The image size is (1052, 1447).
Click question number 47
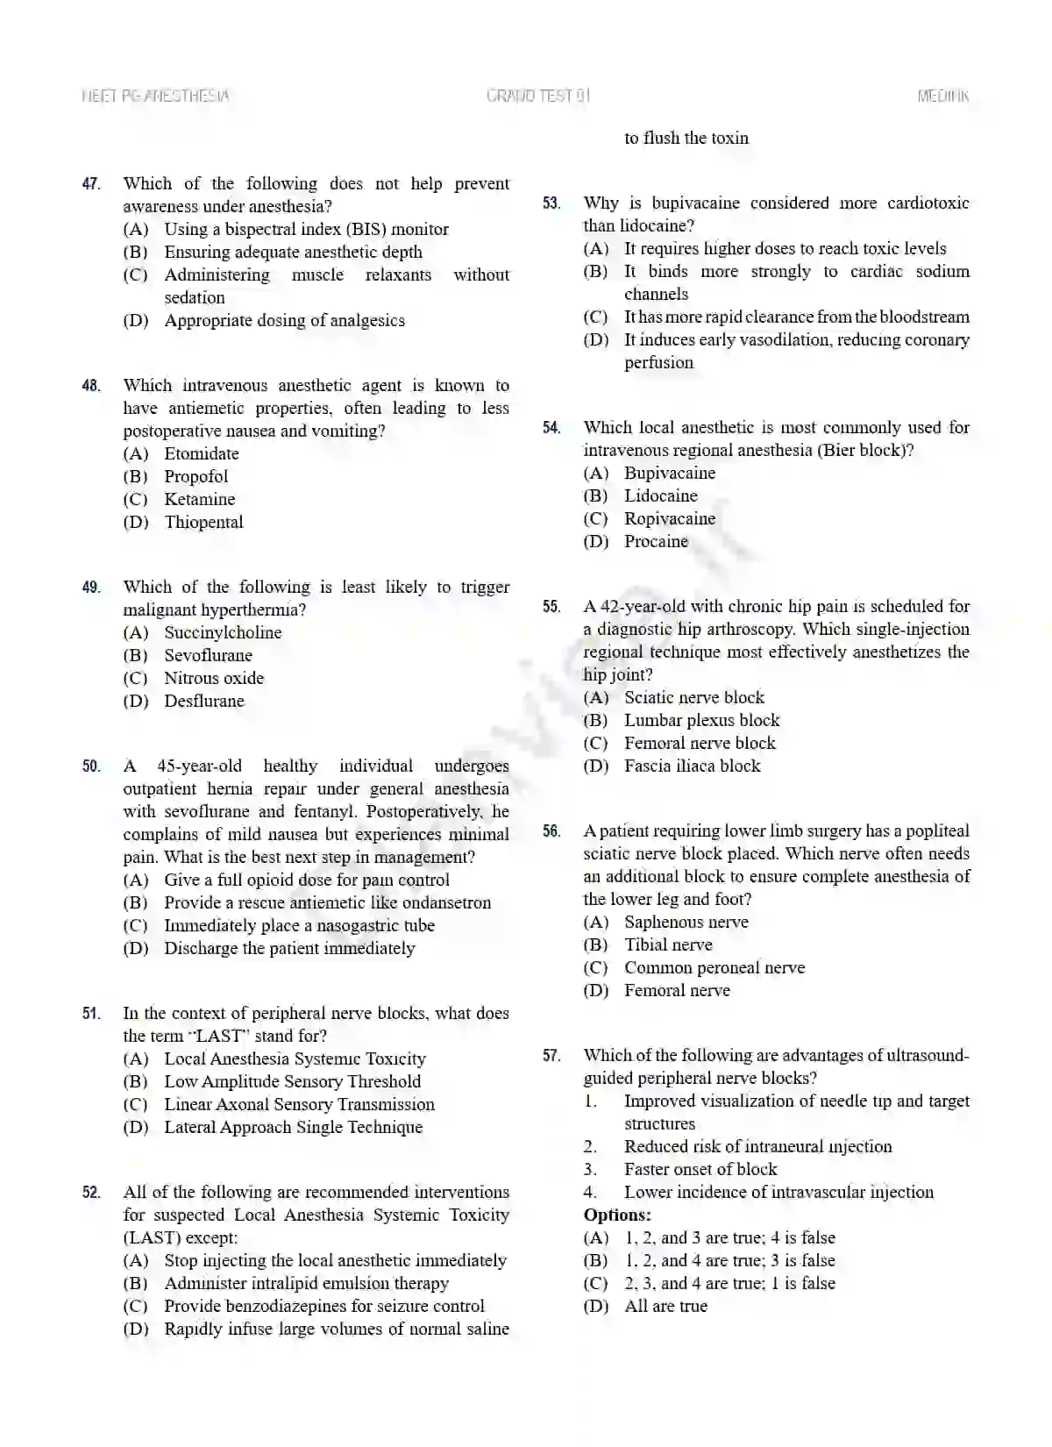coord(91,184)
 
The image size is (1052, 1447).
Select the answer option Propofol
coord(195,476)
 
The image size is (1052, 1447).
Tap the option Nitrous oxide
coord(213,678)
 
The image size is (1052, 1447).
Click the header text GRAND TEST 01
coord(538,96)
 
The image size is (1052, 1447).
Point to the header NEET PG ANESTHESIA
coord(155,96)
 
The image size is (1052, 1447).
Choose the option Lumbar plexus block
coord(701,720)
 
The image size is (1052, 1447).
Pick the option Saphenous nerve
coord(686,922)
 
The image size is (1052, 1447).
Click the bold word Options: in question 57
coord(617,1215)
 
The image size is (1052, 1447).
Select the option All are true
coord(665,1306)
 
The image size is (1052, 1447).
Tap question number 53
coord(551,203)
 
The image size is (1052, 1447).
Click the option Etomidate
coord(201,453)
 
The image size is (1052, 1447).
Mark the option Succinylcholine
coord(223,632)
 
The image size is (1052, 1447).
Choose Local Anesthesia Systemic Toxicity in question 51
coord(295,1059)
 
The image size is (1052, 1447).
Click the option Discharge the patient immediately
coord(289,948)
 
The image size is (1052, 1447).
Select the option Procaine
coord(656,541)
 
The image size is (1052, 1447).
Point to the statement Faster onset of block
coord(700,1169)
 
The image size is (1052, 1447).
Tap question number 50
coord(91,766)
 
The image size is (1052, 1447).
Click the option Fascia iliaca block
coord(692,766)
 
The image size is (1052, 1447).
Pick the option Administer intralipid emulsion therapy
coord(306,1283)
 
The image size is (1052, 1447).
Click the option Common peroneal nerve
coord(714,967)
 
